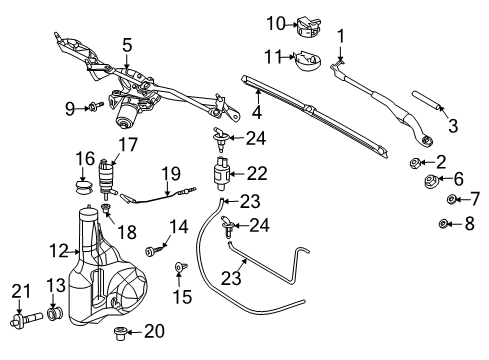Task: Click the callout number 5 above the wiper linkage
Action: [x=127, y=44]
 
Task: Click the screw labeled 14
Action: [x=153, y=252]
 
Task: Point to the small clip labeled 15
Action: [x=180, y=268]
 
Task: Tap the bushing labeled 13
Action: [x=57, y=317]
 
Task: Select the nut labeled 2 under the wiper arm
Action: [x=413, y=163]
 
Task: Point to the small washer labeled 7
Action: [x=449, y=200]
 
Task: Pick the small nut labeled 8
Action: [x=447, y=223]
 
